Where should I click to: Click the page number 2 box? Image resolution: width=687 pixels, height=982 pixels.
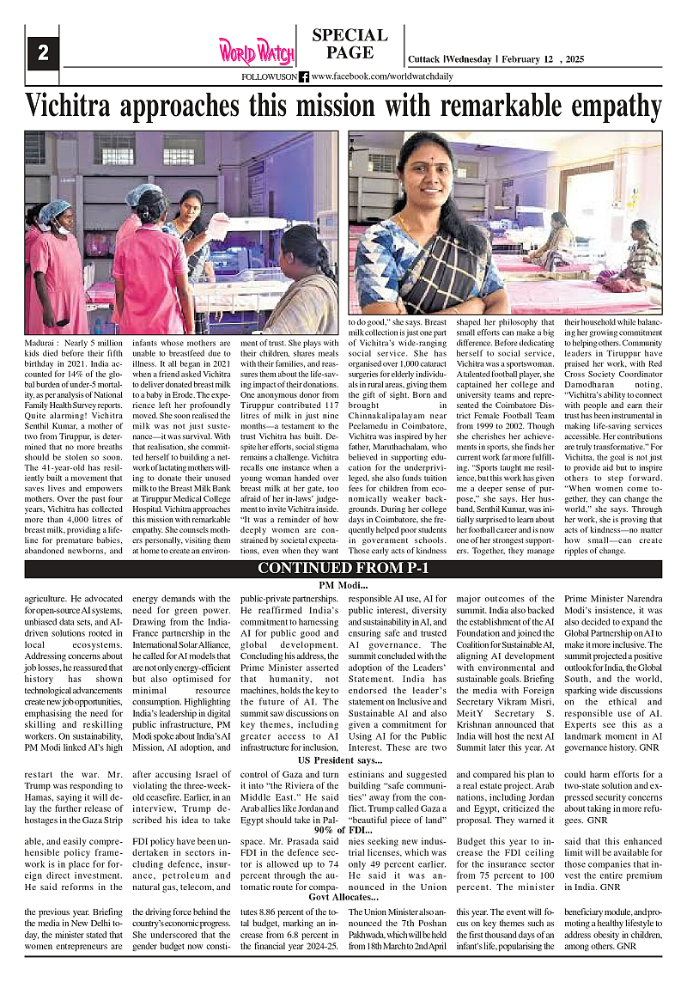coord(43,52)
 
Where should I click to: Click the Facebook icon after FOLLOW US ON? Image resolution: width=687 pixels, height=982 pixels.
coord(304,76)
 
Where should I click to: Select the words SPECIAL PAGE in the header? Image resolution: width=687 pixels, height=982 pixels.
coord(350,44)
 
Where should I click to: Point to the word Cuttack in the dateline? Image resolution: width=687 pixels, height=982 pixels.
coord(423,59)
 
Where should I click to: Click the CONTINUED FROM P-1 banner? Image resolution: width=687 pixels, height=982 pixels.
coord(343,569)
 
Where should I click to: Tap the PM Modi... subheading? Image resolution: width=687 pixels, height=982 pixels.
coord(343,585)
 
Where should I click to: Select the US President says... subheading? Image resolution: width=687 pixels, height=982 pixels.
coord(340,760)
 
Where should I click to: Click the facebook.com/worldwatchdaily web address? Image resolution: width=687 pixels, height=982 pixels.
coord(382,76)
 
